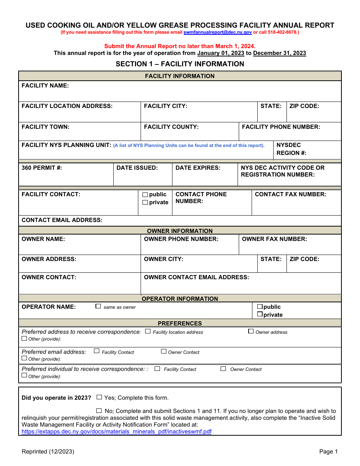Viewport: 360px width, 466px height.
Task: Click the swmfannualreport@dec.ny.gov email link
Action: pyautogui.click(x=218, y=33)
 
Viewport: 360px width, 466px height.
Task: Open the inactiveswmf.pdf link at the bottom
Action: pyautogui.click(x=116, y=432)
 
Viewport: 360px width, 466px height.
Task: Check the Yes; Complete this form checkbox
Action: pyautogui.click(x=99, y=397)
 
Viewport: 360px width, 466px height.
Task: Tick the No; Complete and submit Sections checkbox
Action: pyautogui.click(x=99, y=411)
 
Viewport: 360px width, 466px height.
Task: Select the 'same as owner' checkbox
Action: pyautogui.click(x=99, y=306)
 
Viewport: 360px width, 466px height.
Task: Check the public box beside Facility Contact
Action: pyautogui.click(x=145, y=195)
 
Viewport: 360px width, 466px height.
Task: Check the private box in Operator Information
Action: pyautogui.click(x=260, y=314)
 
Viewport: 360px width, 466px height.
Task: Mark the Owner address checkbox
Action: pyautogui.click(x=251, y=332)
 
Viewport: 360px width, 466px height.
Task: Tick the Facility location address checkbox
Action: pyautogui.click(x=148, y=332)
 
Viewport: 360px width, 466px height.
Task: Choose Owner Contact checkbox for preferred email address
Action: pyautogui.click(x=164, y=352)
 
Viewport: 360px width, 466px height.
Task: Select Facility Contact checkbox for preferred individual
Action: pyautogui.click(x=157, y=369)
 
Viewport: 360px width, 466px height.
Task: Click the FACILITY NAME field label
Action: pyautogui.click(x=45, y=86)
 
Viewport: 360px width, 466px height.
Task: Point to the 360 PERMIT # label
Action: pyautogui.click(x=42, y=167)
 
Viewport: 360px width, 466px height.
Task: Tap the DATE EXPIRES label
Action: pyautogui.click(x=198, y=167)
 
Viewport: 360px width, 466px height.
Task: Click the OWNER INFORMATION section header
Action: pyautogui.click(x=180, y=231)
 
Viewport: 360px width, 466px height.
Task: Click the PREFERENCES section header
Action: pyautogui.click(x=180, y=323)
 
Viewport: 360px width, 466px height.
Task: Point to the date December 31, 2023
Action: pyautogui.click(x=279, y=53)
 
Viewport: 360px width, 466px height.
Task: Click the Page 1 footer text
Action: pyautogui.click(x=328, y=451)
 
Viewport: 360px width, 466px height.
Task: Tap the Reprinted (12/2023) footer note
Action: pyautogui.click(x=48, y=451)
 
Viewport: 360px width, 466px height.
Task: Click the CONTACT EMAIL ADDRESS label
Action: pyautogui.click(x=62, y=220)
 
